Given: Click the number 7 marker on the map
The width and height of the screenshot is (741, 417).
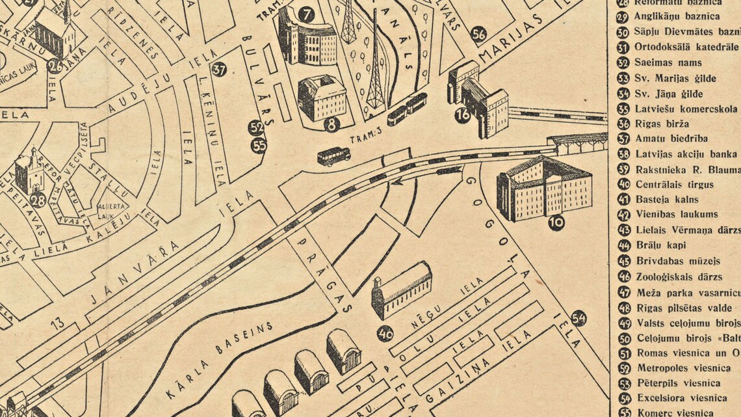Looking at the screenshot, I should tap(307, 14).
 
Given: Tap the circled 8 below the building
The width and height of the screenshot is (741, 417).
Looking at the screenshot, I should tap(332, 124).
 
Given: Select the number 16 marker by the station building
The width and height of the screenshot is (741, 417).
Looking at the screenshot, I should tap(463, 115).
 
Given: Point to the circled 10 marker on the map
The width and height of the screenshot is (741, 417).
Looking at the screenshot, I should tap(556, 222).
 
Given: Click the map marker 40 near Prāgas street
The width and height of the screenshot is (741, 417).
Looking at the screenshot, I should tap(385, 334).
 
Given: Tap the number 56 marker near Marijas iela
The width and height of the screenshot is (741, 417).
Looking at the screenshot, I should tap(479, 34).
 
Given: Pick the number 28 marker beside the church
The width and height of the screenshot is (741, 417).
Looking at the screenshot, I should tap(38, 200).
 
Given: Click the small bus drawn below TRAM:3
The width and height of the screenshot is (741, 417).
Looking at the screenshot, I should tap(333, 156).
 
